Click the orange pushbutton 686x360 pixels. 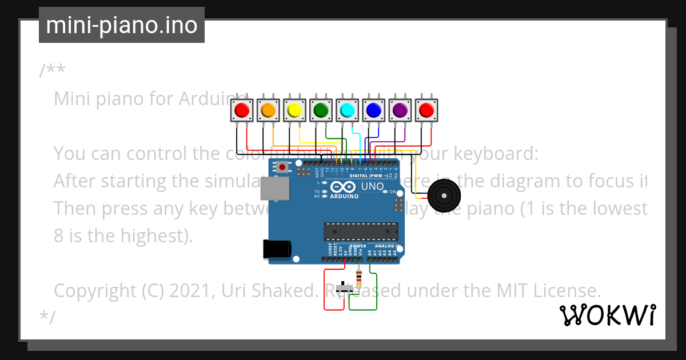click(x=268, y=109)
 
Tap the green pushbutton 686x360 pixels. click(x=321, y=109)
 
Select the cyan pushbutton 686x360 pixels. click(x=347, y=109)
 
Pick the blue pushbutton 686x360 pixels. click(x=373, y=109)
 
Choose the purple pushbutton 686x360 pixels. click(x=400, y=109)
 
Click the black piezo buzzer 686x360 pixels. click(x=444, y=195)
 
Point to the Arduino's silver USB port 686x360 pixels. click(x=274, y=188)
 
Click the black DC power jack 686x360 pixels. click(x=277, y=249)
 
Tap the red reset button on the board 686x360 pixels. click(x=282, y=167)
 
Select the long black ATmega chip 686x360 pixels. click(x=361, y=231)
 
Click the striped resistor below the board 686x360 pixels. click(x=358, y=279)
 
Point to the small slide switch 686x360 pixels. click(x=344, y=287)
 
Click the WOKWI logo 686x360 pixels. click(x=608, y=315)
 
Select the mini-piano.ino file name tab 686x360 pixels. click(x=121, y=25)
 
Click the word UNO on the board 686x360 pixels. click(x=373, y=186)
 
